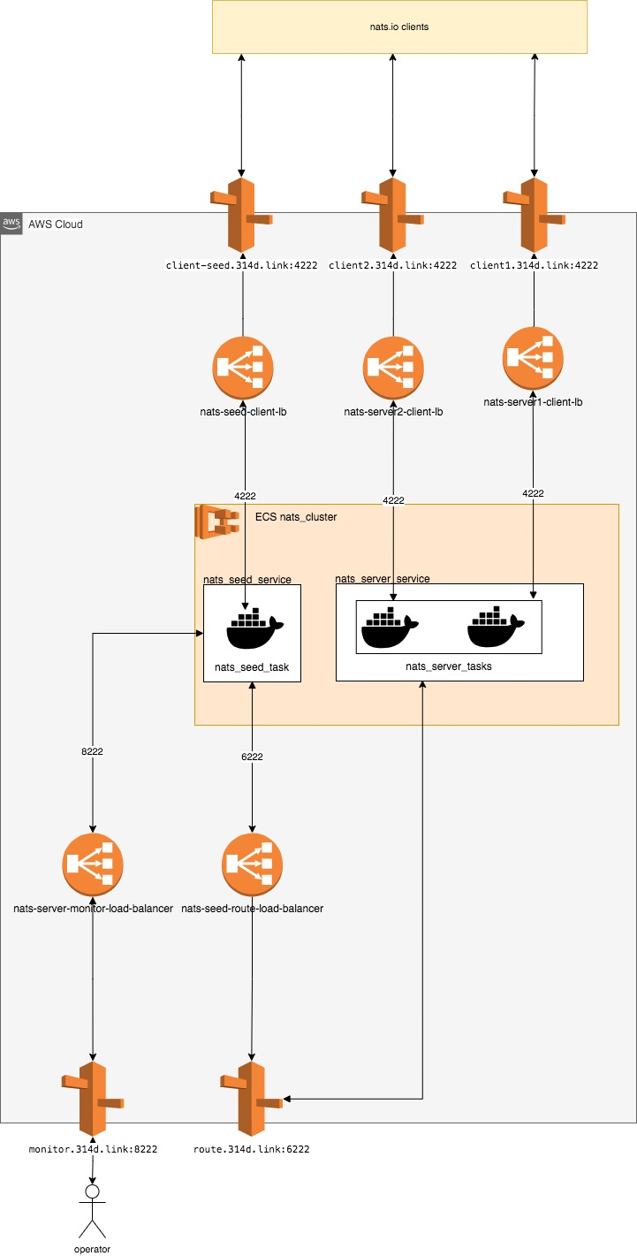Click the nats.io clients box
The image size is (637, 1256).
[x=399, y=27]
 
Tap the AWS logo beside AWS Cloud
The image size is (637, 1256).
[x=11, y=224]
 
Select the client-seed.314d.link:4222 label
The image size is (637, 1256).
[x=241, y=265]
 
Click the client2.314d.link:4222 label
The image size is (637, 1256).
[x=392, y=265]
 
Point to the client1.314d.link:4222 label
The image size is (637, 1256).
[x=534, y=265]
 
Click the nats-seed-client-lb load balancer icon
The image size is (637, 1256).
[x=243, y=366]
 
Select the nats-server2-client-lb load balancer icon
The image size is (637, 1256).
[x=393, y=366]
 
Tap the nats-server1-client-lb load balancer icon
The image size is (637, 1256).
[x=533, y=356]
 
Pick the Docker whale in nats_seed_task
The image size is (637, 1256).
[x=254, y=629]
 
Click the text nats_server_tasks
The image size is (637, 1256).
[x=449, y=666]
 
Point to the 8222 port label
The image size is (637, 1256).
[x=93, y=750]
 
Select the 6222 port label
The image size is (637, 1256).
[x=252, y=757]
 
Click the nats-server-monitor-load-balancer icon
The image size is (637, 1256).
[x=93, y=863]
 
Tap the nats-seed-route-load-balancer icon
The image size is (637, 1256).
[x=252, y=863]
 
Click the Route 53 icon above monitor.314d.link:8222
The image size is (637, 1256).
[x=93, y=1099]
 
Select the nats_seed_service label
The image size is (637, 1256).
[x=246, y=580]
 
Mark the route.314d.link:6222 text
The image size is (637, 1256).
[x=252, y=1149]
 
